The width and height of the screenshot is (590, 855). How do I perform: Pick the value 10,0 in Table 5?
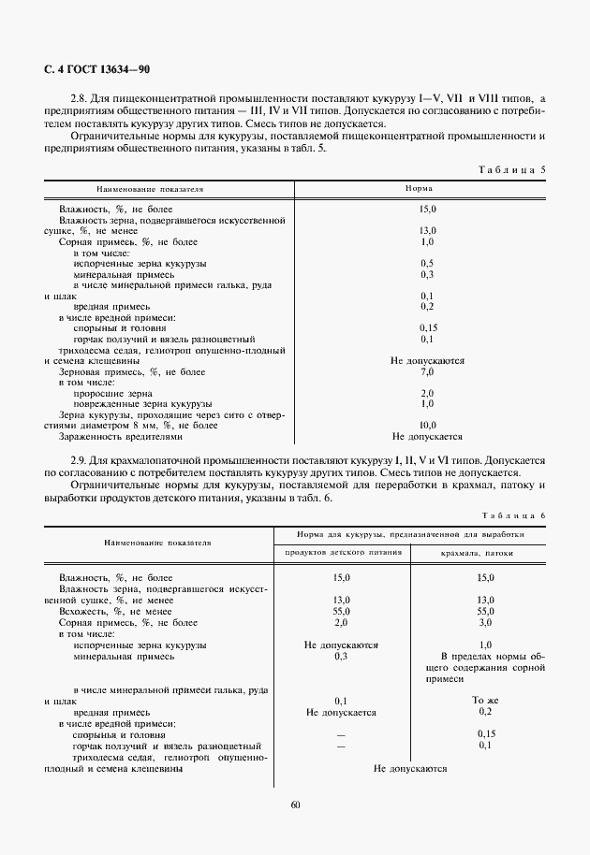pos(427,426)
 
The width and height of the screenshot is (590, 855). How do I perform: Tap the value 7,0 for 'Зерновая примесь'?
pos(427,371)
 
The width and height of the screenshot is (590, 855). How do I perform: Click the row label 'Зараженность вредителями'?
pos(121,436)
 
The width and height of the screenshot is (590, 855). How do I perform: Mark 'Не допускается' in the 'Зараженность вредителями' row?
pos(427,436)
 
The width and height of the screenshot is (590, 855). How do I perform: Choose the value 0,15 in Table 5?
pos(427,328)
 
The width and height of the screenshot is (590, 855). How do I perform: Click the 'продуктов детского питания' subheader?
pos(342,554)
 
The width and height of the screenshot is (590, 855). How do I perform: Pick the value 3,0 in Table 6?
pos(485,622)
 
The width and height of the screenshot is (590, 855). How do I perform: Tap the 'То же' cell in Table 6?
pos(485,700)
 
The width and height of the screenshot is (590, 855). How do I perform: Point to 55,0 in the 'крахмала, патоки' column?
pos(485,611)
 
